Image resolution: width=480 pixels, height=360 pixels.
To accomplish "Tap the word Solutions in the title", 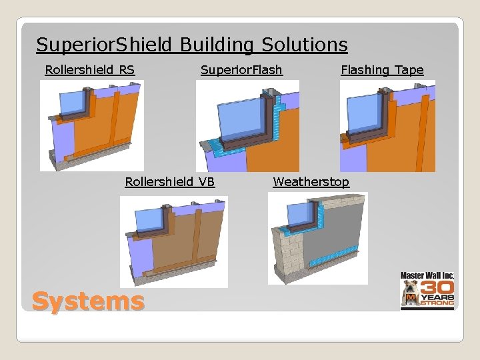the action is [x=305, y=45].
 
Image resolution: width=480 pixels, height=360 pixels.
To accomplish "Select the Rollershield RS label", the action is [x=89, y=69].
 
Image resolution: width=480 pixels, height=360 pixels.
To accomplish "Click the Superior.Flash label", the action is [x=241, y=69].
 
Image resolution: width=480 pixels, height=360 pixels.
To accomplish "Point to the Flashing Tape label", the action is [x=382, y=69].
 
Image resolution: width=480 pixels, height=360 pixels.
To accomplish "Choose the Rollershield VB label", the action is [x=170, y=181].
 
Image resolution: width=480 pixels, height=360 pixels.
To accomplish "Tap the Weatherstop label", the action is [x=311, y=181].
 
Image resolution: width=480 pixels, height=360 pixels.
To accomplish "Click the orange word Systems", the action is [x=88, y=301].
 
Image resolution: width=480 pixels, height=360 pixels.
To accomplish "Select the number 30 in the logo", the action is [x=437, y=285].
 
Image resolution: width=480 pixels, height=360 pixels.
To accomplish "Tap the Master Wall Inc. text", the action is [x=427, y=275].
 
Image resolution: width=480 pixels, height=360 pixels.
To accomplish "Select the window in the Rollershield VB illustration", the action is [x=147, y=219].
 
